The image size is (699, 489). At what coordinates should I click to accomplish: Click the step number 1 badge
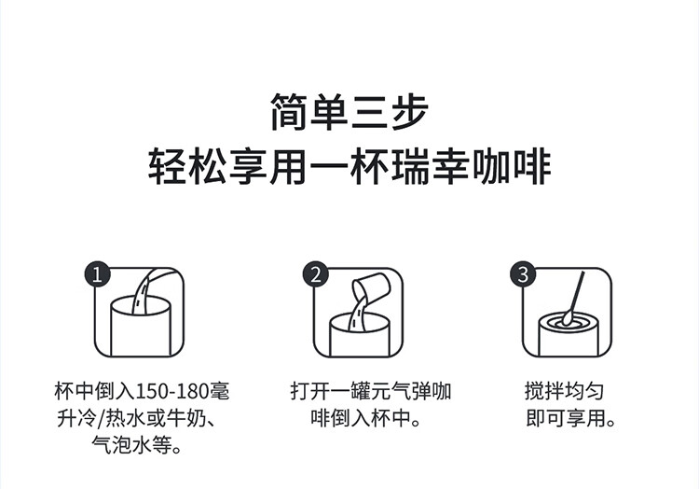pos(98,274)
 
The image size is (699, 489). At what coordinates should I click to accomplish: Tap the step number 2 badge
pos(316,274)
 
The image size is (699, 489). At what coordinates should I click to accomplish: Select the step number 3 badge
pos(524,274)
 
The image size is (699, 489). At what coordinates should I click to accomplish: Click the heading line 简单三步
pos(349,112)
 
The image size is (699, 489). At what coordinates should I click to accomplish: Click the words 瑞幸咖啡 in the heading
pos(473,167)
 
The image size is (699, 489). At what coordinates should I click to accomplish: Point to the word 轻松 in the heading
pos(187,167)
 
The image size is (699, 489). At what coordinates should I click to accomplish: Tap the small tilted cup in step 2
pos(371,287)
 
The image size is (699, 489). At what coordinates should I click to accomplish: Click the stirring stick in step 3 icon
pos(573,297)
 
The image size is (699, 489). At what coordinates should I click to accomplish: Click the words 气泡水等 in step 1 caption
pos(132,444)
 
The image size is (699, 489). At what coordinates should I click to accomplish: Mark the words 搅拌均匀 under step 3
pos(565,391)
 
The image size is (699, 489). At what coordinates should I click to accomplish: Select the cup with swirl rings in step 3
pos(568,335)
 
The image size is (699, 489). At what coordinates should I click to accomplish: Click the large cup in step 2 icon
pos(360,336)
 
